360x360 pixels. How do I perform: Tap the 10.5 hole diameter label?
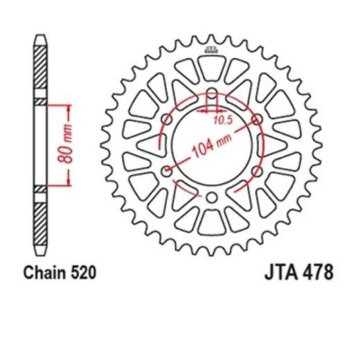tap(220, 118)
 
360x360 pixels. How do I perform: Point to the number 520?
tap(83, 274)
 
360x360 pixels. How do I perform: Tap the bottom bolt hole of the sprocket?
tap(212, 199)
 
